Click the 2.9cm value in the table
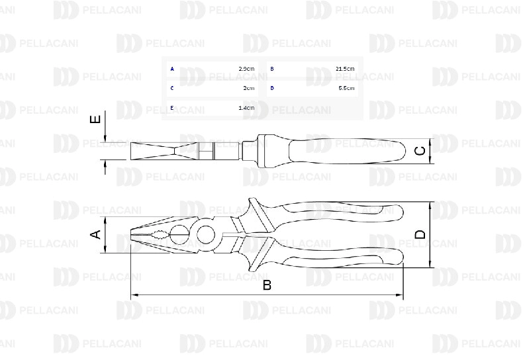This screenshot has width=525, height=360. click(x=246, y=69)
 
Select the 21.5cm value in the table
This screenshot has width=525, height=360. click(x=345, y=69)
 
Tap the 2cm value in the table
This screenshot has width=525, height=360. click(x=249, y=88)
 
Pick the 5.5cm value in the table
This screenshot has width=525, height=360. click(x=346, y=88)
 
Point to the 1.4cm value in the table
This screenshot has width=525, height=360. click(x=246, y=108)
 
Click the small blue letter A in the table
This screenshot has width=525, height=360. click(x=172, y=69)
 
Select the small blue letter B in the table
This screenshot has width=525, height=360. click(x=272, y=69)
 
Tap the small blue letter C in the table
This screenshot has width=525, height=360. click(x=172, y=88)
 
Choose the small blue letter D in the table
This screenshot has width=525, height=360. click(x=272, y=88)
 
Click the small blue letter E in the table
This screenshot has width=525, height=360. click(x=172, y=108)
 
